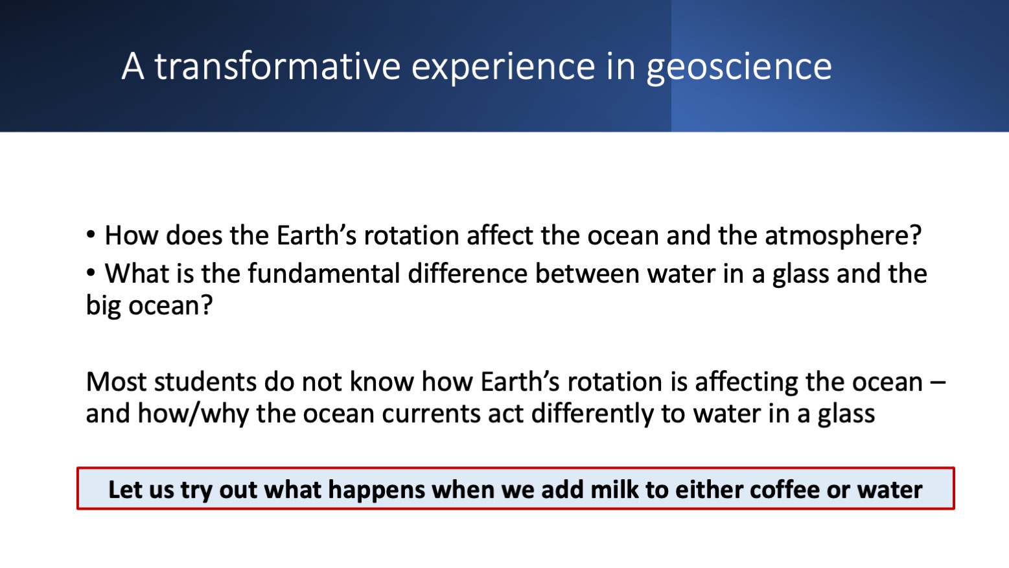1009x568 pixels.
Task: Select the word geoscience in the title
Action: (739, 67)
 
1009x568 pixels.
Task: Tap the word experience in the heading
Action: (503, 67)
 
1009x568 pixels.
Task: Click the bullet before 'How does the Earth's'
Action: (91, 234)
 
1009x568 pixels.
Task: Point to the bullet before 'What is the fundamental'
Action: (91, 272)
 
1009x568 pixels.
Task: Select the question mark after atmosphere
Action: (915, 236)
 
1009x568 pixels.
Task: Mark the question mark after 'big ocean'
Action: (207, 305)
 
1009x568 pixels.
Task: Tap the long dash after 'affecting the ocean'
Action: (938, 382)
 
